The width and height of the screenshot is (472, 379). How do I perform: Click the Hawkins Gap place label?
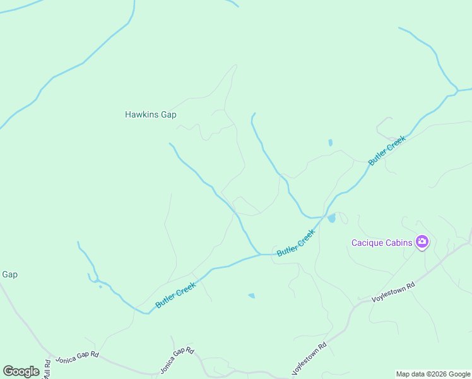150,114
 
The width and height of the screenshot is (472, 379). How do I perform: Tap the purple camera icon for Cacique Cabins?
422,242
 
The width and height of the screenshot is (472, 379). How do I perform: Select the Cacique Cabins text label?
382,243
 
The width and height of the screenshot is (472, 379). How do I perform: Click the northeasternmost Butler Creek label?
386,150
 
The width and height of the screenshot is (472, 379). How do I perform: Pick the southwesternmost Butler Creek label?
175,295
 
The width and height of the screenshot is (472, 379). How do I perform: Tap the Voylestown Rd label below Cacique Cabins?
393,291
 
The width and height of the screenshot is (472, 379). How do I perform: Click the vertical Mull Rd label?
47,369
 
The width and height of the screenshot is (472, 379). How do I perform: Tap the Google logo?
21,371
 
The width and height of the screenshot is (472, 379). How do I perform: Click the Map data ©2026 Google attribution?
433,374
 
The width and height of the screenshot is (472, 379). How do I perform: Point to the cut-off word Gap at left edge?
9,274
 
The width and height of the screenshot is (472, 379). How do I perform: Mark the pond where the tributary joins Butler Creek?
331,218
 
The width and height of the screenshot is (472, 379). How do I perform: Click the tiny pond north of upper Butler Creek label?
330,143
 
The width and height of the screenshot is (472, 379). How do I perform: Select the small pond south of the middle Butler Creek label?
252,295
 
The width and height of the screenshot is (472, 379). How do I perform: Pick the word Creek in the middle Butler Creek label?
305,235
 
